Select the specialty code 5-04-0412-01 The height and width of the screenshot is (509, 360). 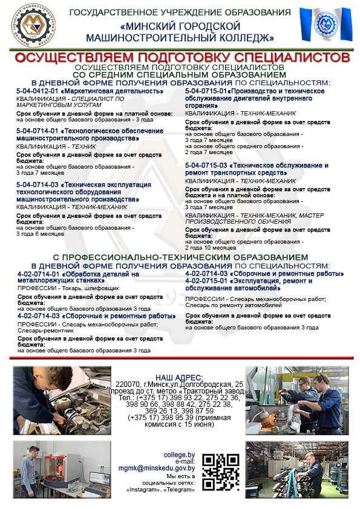pos(36,91)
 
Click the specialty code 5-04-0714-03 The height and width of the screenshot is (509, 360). pos(37,184)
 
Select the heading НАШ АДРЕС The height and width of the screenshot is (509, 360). pos(179,377)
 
